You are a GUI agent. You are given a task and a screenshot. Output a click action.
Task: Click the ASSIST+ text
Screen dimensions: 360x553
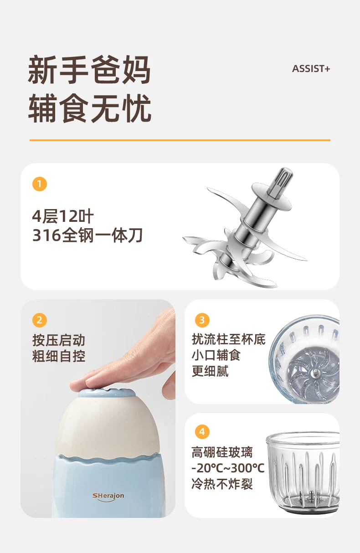tap(311, 69)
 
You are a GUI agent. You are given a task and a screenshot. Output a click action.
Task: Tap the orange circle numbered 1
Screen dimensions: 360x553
tap(40, 184)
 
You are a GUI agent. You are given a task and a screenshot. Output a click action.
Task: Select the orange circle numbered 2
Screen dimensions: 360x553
tap(40, 320)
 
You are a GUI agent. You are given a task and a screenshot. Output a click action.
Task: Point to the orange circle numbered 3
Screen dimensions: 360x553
tap(202, 320)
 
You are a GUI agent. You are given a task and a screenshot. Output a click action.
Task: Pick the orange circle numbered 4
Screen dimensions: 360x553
tap(202, 432)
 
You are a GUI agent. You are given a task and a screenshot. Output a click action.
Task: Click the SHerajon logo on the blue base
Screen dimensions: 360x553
tap(108, 497)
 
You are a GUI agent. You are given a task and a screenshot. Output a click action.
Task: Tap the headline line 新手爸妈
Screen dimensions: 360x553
tap(89, 70)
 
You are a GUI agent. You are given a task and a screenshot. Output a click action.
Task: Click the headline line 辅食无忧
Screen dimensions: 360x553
tap(89, 108)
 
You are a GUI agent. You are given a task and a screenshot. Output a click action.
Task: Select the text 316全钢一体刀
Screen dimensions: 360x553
tap(87, 235)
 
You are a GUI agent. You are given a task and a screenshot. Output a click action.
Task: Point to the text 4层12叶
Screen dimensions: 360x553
tap(63, 216)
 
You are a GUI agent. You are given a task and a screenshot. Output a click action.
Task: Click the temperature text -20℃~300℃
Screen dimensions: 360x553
tap(228, 468)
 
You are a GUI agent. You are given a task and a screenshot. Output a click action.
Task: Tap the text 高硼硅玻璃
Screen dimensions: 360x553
tap(222, 452)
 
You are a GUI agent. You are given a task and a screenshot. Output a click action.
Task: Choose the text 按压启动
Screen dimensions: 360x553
tap(59, 340)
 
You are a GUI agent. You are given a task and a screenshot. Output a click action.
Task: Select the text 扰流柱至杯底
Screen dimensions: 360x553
tap(229, 339)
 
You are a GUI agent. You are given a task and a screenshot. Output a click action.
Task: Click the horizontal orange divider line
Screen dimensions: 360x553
tap(180, 140)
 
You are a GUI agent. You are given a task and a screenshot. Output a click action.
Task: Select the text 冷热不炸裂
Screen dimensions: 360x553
tap(222, 484)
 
